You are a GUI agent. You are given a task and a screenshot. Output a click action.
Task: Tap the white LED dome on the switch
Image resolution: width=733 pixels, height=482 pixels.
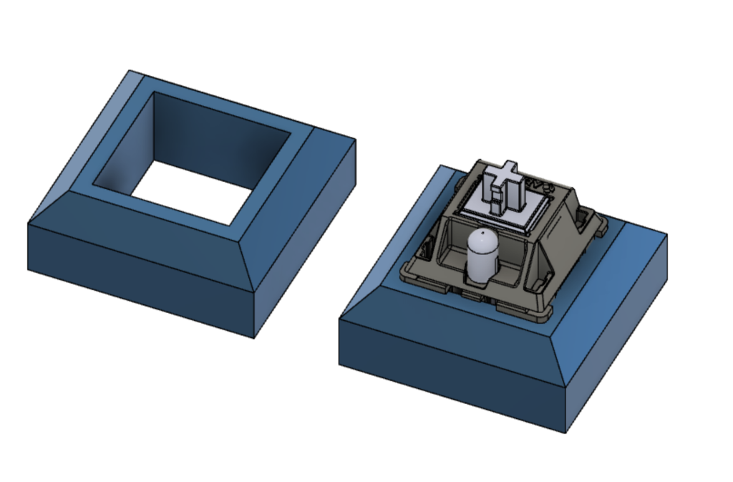tap(480, 251)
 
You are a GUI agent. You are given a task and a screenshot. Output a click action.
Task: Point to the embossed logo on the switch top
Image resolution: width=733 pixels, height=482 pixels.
tap(539, 184)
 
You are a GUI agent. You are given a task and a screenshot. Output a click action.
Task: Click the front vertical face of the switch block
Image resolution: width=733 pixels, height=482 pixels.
tap(451, 372)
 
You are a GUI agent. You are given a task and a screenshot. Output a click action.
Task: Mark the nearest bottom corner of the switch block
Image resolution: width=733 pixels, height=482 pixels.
tap(567, 433)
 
